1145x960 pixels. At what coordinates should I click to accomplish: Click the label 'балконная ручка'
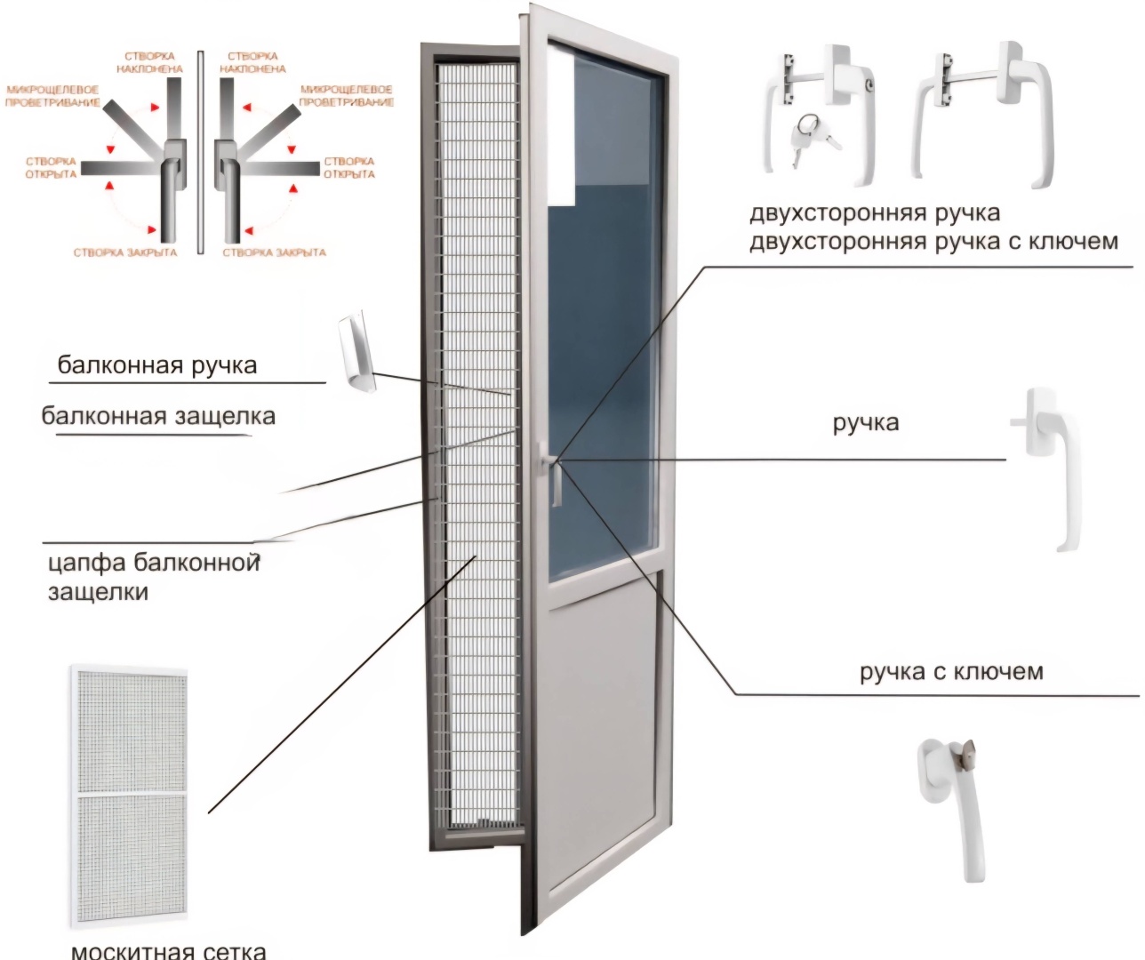pyautogui.click(x=157, y=365)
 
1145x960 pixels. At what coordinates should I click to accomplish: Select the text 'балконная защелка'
pyautogui.click(x=158, y=416)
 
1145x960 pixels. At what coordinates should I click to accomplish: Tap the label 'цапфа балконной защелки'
pyautogui.click(x=154, y=577)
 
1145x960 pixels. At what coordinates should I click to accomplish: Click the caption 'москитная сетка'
pyautogui.click(x=169, y=949)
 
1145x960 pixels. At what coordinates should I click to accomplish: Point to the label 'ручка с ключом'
pyautogui.click(x=951, y=672)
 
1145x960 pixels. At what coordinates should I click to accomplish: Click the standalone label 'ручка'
pyautogui.click(x=866, y=423)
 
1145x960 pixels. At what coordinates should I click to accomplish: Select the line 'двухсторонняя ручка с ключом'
pyautogui.click(x=934, y=242)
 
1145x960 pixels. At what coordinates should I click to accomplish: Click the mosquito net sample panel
pyautogui.click(x=130, y=796)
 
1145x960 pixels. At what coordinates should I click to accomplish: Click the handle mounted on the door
pyautogui.click(x=552, y=475)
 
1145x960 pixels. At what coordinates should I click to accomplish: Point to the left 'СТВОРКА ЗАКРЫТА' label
pyautogui.click(x=125, y=252)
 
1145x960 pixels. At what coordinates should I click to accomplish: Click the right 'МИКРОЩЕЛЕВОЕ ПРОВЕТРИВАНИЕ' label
pyautogui.click(x=347, y=96)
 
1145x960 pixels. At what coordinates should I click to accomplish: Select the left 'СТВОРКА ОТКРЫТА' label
pyautogui.click(x=51, y=168)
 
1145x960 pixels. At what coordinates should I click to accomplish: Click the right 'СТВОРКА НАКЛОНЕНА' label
pyautogui.click(x=252, y=62)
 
